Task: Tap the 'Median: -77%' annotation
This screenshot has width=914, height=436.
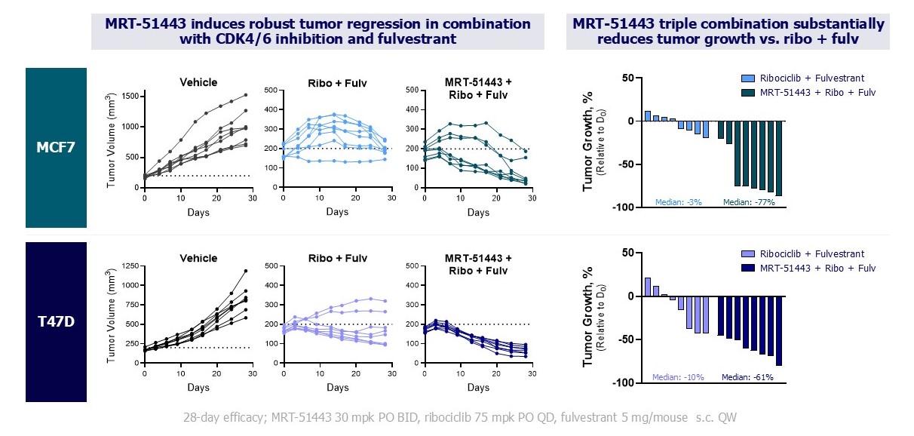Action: (x=749, y=202)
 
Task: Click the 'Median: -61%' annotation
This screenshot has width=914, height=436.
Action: (x=747, y=377)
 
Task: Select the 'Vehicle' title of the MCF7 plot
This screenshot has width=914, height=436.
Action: (x=199, y=82)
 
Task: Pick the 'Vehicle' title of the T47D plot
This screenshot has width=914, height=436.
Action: (x=199, y=259)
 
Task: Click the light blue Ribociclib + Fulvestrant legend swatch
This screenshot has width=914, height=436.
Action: (x=747, y=78)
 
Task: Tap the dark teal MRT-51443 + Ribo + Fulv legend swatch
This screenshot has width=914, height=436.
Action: (x=747, y=92)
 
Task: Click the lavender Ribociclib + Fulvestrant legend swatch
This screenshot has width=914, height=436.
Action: (x=747, y=254)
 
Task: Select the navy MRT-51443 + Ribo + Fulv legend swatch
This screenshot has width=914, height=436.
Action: (x=747, y=268)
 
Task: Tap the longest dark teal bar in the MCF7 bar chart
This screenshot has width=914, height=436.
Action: (x=779, y=158)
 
